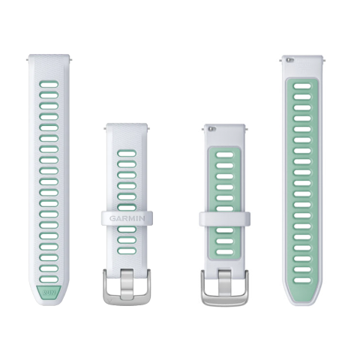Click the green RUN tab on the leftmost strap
49,292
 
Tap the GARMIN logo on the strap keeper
127,218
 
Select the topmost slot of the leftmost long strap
49,84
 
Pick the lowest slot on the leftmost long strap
49,279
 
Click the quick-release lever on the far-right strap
290,60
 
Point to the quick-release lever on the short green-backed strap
212,129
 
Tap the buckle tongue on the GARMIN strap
127,283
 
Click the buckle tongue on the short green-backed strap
224,283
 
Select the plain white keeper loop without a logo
224,219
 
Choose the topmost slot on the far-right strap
302,86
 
